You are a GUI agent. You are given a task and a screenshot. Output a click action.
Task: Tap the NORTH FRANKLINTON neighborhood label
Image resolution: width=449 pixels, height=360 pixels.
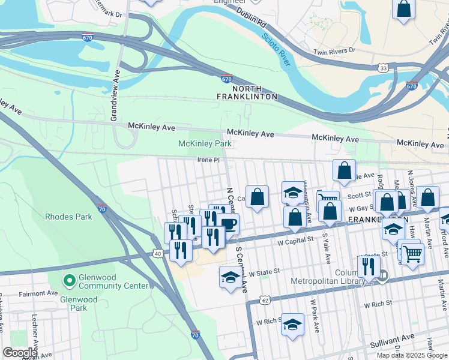[x=247, y=92]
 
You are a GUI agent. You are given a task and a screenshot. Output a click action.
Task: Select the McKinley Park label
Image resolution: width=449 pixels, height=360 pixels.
[x=205, y=143]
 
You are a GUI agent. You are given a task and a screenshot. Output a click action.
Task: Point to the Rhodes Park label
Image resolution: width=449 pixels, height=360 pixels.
[x=68, y=217]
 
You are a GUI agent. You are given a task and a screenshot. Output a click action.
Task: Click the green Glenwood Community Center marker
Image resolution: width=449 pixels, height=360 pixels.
[x=69, y=280]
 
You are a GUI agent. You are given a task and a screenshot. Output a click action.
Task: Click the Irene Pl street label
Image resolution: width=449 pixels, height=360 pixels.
[x=210, y=160]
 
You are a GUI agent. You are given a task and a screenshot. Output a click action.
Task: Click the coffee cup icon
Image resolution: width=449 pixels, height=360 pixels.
[x=228, y=224]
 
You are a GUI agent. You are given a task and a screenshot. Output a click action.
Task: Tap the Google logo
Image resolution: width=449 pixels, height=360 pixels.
[x=19, y=353]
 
